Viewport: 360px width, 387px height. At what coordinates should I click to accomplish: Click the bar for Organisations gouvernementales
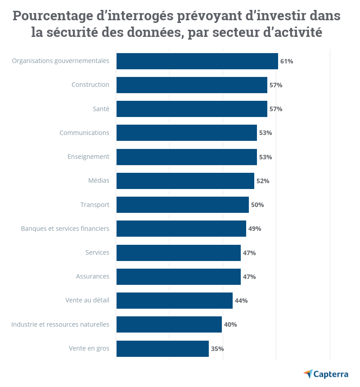click(197, 61)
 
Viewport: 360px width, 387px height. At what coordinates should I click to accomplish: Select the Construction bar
click(192, 85)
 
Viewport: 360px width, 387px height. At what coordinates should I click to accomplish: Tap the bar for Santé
click(192, 109)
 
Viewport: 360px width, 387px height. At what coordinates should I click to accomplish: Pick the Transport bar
click(182, 205)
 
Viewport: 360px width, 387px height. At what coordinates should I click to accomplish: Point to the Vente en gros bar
click(162, 348)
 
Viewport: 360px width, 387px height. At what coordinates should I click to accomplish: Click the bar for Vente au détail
click(174, 301)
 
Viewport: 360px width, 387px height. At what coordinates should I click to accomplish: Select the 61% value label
click(287, 61)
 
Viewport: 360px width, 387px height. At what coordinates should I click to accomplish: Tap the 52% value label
click(263, 181)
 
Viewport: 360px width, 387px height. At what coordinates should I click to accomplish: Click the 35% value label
click(217, 349)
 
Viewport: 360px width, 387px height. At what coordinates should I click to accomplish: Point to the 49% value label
click(255, 229)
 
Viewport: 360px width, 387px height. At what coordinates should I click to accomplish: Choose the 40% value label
click(230, 324)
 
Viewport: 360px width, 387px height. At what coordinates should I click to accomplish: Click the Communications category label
click(84, 133)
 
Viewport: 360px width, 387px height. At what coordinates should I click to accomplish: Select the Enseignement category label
click(88, 157)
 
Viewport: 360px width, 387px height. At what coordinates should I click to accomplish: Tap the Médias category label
click(99, 181)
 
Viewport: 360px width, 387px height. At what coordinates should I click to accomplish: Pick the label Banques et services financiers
click(65, 229)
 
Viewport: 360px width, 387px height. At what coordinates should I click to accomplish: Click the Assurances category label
click(92, 276)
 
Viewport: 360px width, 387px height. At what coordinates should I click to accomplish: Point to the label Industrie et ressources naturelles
click(60, 324)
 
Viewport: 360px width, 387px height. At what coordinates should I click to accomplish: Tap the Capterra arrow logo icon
click(308, 373)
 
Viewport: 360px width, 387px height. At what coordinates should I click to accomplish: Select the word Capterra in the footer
click(331, 374)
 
